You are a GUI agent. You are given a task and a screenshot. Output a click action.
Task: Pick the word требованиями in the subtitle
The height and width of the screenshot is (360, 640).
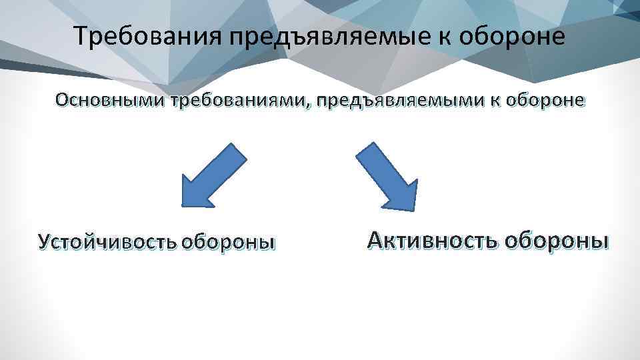(x=241, y=101)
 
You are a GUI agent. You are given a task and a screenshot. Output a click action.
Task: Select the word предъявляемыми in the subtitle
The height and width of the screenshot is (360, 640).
(x=395, y=101)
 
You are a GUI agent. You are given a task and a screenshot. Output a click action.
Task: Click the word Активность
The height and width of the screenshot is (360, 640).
(x=432, y=239)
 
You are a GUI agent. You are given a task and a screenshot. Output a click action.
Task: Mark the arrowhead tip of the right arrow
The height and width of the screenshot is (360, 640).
(x=415, y=209)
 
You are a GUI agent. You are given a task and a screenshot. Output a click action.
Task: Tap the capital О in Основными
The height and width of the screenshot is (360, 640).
(x=63, y=101)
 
